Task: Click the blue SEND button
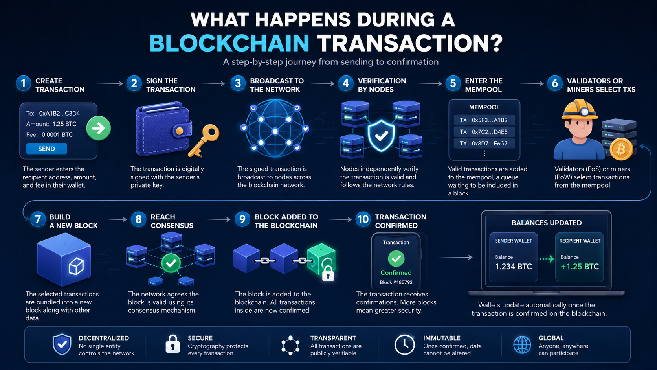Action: coord(47,149)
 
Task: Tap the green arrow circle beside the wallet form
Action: coord(99,128)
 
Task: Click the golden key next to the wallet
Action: coord(203,140)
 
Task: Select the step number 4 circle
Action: coord(345,83)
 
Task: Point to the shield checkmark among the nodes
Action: coord(381,135)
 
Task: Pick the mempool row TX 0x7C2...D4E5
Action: coord(484,132)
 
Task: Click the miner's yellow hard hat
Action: coord(580,109)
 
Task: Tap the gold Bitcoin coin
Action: coord(621,149)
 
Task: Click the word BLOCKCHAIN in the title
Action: coord(229,43)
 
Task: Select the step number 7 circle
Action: coord(38,219)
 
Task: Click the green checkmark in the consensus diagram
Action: coord(171,263)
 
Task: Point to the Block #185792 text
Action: coord(396,282)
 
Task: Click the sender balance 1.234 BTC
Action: coord(513,267)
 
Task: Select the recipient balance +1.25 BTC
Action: coord(580,267)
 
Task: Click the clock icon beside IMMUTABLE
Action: coord(404,345)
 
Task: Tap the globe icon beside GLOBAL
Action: coord(522,345)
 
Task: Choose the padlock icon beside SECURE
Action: coord(173,344)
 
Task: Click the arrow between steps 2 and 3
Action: coord(213,84)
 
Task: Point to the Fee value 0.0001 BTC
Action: coord(57,135)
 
